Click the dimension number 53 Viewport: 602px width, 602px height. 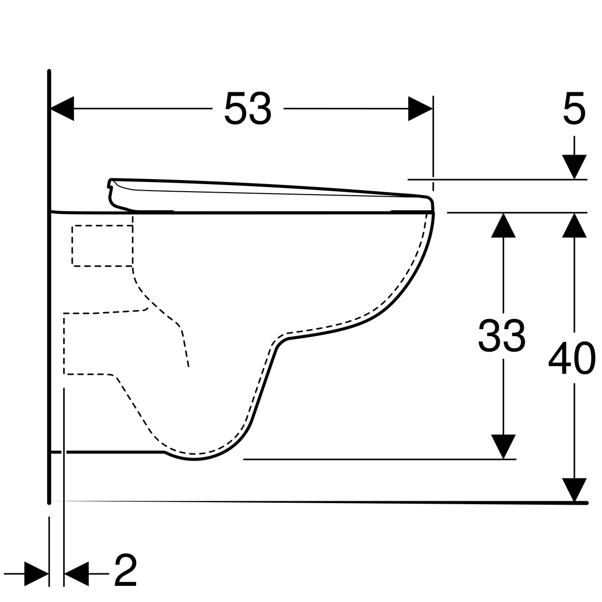pos(248,109)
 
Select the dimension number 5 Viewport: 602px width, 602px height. pos(574,109)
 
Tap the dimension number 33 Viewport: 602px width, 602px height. pos(502,336)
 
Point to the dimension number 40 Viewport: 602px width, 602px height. pos(572,358)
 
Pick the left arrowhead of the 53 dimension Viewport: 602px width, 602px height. pos(62,109)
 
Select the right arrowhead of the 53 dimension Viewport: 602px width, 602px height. pos(420,109)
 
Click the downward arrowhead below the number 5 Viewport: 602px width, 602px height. pos(574,167)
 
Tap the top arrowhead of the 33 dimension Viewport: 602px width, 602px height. pos(503,225)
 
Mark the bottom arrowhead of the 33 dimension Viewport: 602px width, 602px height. pos(503,447)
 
